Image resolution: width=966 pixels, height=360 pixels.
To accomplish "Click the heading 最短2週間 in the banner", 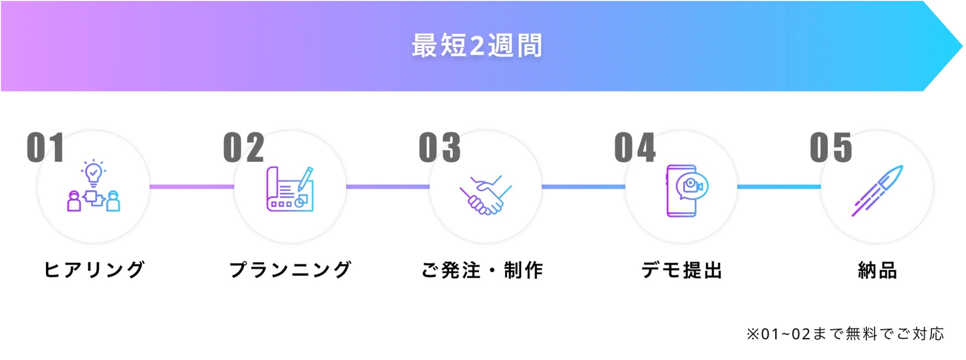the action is pos(477,46).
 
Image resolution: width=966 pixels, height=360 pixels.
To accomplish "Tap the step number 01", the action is pos(45,148).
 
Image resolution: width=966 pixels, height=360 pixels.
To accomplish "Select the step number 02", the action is pos(243,148).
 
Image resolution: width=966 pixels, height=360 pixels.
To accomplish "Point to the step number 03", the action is pos(439,148).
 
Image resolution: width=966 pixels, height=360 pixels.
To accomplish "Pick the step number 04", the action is pos(635,148).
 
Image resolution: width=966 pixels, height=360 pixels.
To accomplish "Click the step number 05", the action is pos(831,148).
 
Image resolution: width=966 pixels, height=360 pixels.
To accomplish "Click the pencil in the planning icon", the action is pos(305,178).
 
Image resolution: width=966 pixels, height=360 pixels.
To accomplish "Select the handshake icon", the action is pos(485,195).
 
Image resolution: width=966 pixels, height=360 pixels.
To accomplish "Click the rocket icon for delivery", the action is pos(878,190).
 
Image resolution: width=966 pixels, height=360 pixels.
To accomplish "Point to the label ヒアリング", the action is pos(94,270).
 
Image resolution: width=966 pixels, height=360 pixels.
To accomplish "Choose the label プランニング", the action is pos(290,270).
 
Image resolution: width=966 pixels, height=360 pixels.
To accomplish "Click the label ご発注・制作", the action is pos(482,270).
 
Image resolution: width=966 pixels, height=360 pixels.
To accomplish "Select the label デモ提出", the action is pos(682,270).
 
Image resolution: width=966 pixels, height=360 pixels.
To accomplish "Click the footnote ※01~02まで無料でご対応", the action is pos(845,334).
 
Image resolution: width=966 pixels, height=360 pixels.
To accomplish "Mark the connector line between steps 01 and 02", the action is pos(192,187).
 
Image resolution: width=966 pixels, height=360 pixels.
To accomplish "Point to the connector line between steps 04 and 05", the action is pos(779,187).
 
